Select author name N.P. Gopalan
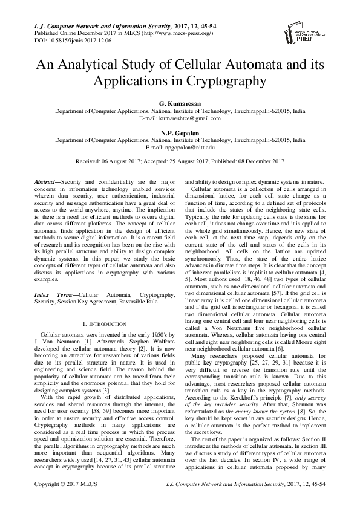180,132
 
